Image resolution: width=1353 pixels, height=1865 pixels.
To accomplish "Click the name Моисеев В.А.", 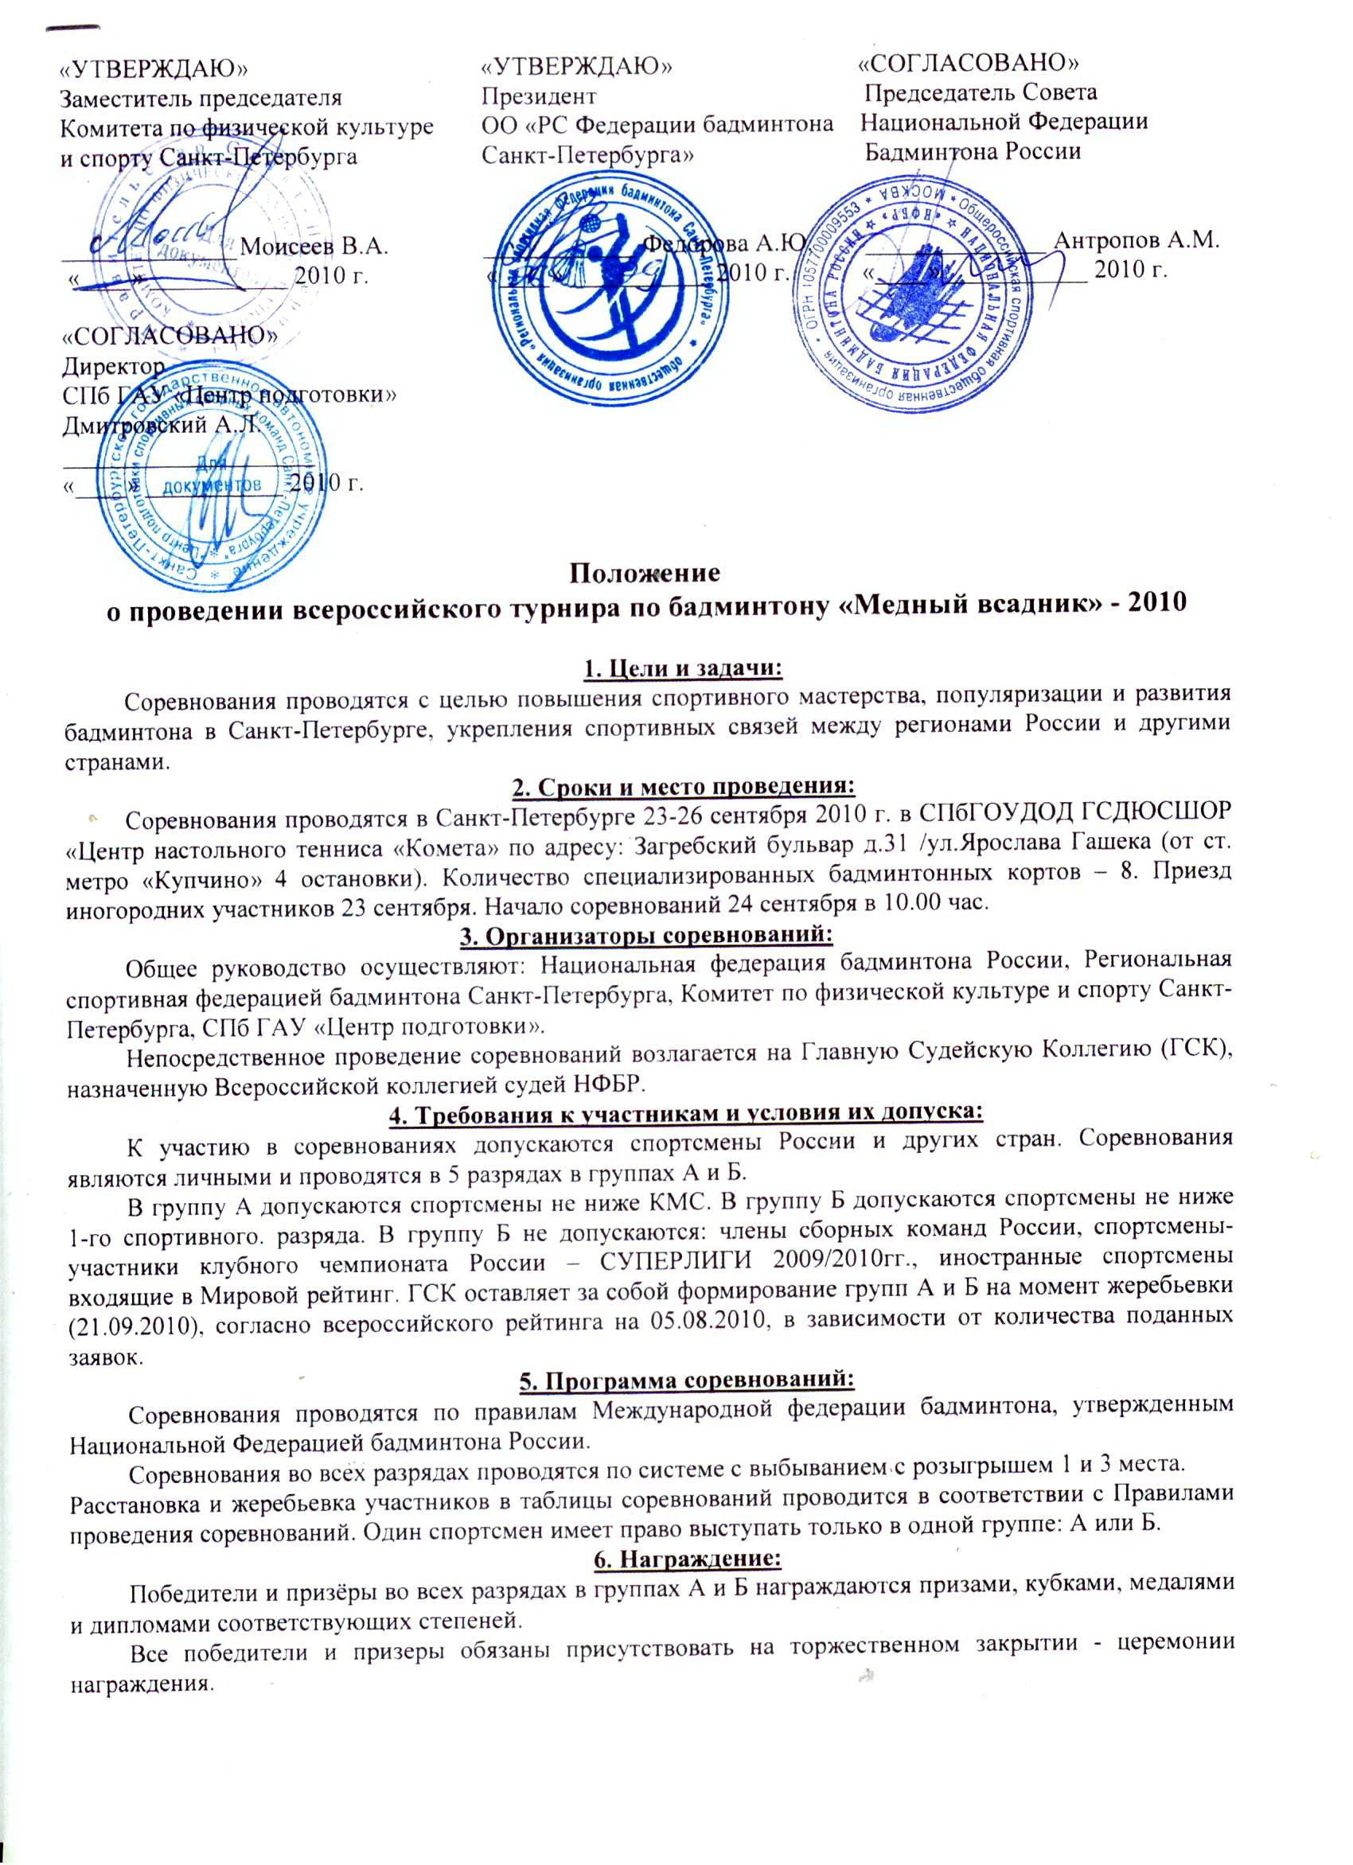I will pyautogui.click(x=315, y=245).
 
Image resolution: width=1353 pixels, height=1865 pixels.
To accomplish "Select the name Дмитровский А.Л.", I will pyautogui.click(x=162, y=425).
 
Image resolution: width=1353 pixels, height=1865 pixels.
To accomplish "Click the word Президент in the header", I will pyautogui.click(x=539, y=96).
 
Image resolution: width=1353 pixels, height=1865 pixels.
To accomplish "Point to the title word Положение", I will pyautogui.click(x=646, y=570).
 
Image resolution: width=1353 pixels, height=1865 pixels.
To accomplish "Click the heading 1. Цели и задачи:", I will pyautogui.click(x=684, y=668).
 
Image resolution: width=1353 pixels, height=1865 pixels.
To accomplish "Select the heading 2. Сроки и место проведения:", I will pyautogui.click(x=684, y=787).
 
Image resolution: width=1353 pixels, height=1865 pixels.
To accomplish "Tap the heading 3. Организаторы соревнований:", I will pyautogui.click(x=684, y=936).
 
